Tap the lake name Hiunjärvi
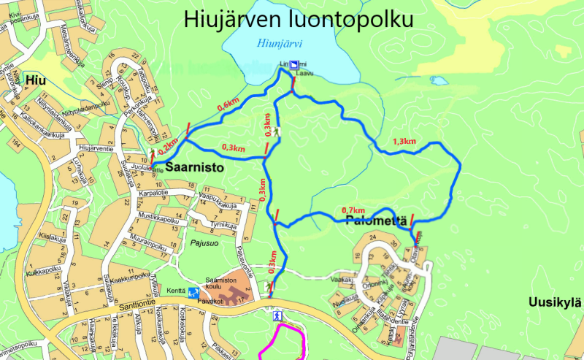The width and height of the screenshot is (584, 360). [x=280, y=44]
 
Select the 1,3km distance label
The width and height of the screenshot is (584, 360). [x=404, y=141]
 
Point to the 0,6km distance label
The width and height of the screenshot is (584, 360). [x=228, y=106]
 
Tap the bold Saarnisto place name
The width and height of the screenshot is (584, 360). [x=194, y=168]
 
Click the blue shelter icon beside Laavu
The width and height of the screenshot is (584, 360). [x=293, y=65]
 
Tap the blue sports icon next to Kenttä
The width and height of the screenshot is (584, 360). [x=193, y=292]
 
